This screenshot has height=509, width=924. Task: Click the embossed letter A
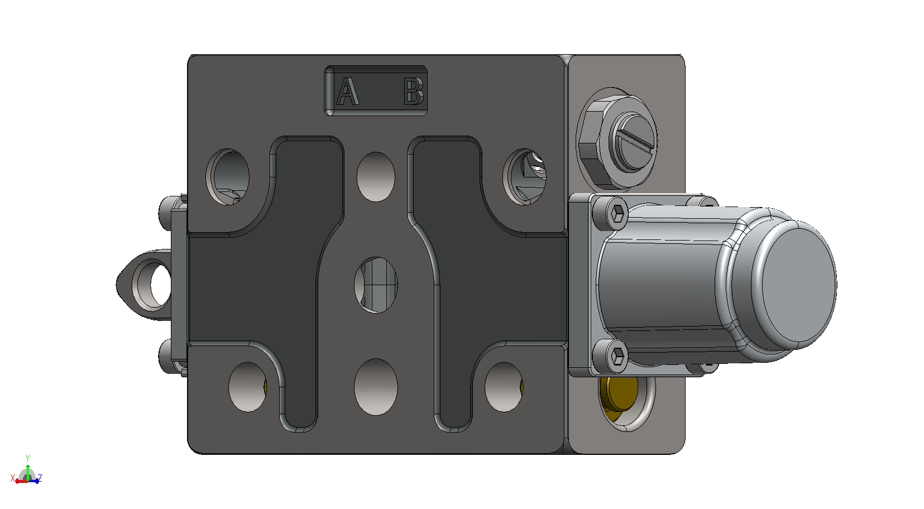[x=348, y=92]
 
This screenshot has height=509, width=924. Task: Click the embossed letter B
[x=414, y=91]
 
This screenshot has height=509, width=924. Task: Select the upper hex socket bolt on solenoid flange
[x=610, y=213]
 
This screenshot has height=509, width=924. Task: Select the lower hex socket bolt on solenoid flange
[x=610, y=355]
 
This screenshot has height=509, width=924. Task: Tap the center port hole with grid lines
[x=375, y=285]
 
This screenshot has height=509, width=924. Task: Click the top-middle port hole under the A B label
[x=376, y=177]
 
